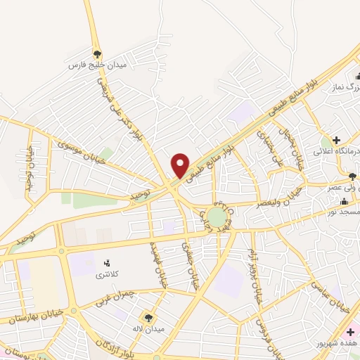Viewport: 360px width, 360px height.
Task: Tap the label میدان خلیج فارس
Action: (97, 65)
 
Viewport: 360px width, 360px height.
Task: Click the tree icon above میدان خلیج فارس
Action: (98, 53)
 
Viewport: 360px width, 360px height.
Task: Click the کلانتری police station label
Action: (108, 274)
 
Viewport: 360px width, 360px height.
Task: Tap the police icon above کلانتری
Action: (108, 263)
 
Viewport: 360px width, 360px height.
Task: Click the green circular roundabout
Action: (215, 215)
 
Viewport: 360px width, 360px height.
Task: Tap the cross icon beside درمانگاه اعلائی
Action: (337, 140)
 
